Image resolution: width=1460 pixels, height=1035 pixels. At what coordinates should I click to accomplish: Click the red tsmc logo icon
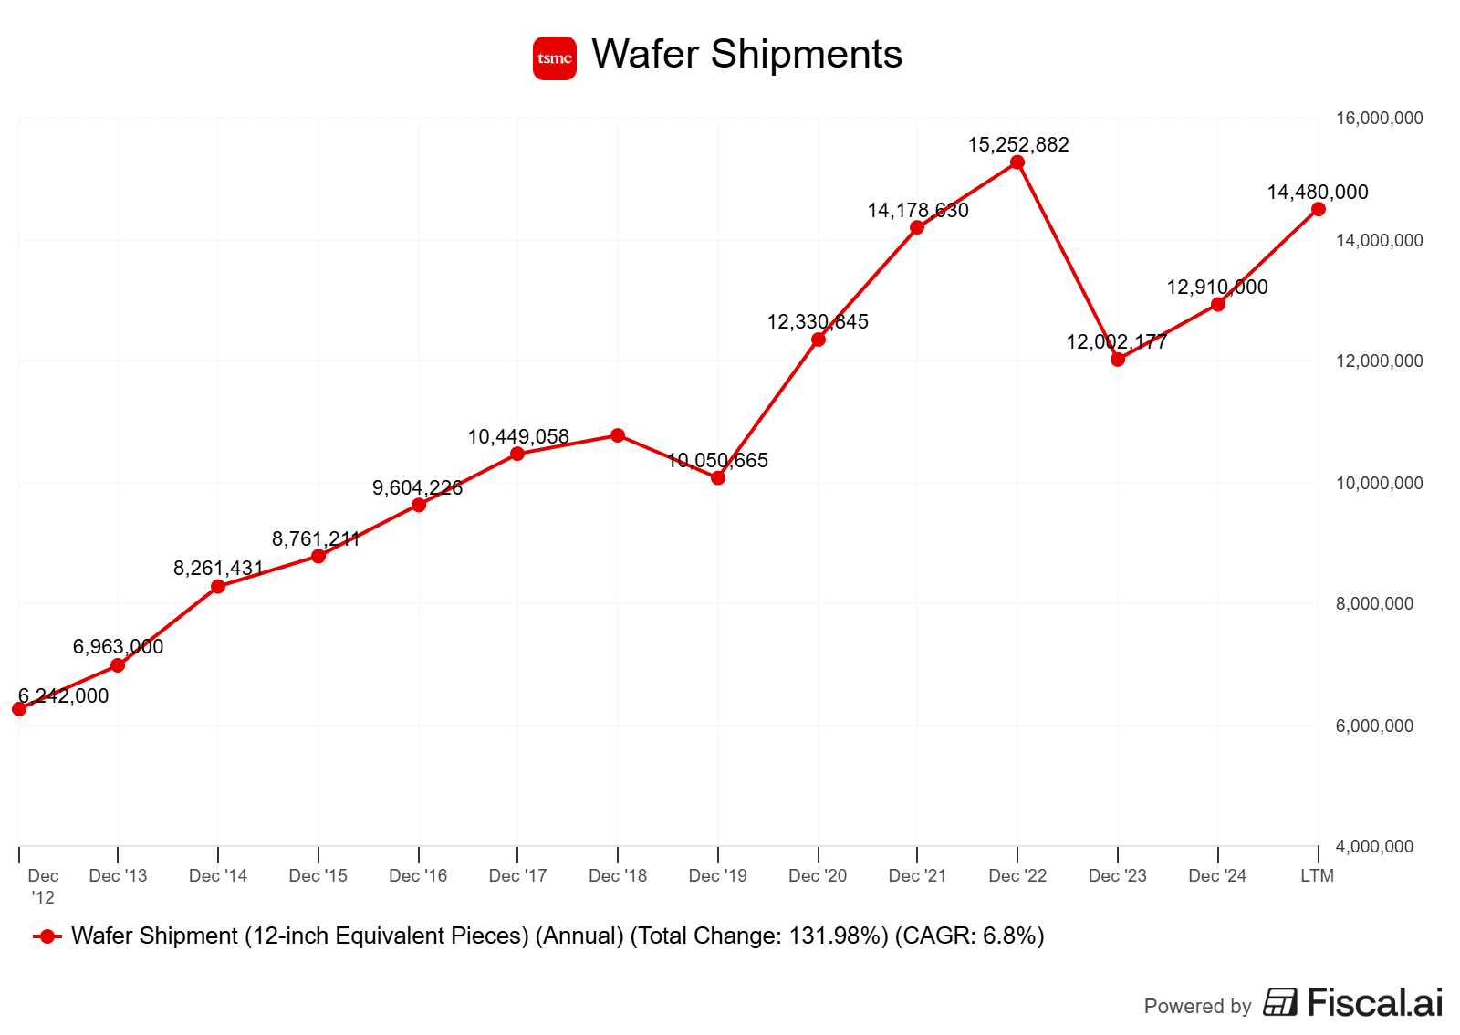tap(555, 58)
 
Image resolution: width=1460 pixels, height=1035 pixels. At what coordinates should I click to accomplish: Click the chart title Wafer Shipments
tap(746, 55)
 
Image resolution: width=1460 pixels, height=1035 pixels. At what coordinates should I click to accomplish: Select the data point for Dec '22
tap(1017, 162)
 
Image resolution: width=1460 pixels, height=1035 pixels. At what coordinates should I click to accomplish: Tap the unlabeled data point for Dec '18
tap(618, 435)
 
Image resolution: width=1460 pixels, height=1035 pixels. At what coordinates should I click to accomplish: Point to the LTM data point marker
tap(1319, 209)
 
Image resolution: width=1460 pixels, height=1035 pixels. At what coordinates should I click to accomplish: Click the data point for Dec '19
tap(718, 477)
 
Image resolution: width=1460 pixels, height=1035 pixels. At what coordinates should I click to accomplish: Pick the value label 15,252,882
tap(1017, 144)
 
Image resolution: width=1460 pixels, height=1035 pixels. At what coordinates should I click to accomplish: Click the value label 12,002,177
tap(1116, 342)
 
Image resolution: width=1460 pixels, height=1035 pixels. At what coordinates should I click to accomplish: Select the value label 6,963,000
tap(118, 646)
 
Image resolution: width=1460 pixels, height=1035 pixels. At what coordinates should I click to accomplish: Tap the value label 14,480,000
tap(1317, 192)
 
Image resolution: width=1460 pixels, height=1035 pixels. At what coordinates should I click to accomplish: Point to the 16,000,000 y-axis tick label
tap(1379, 118)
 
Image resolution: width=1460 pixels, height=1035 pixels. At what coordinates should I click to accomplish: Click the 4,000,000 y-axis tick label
tap(1374, 846)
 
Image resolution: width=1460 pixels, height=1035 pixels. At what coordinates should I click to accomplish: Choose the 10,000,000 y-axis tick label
tap(1379, 483)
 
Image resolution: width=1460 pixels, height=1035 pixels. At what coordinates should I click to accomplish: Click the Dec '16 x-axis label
tap(418, 876)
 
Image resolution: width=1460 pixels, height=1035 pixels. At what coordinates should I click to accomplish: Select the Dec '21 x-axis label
tap(917, 876)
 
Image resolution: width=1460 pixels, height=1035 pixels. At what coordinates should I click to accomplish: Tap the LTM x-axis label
tap(1317, 876)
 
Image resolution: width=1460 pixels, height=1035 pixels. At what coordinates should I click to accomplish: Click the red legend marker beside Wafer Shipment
tap(47, 936)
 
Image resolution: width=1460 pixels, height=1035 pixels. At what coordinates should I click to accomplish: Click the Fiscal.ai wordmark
tap(1374, 1002)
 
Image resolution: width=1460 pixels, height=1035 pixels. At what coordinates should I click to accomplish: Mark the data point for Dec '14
tap(218, 586)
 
